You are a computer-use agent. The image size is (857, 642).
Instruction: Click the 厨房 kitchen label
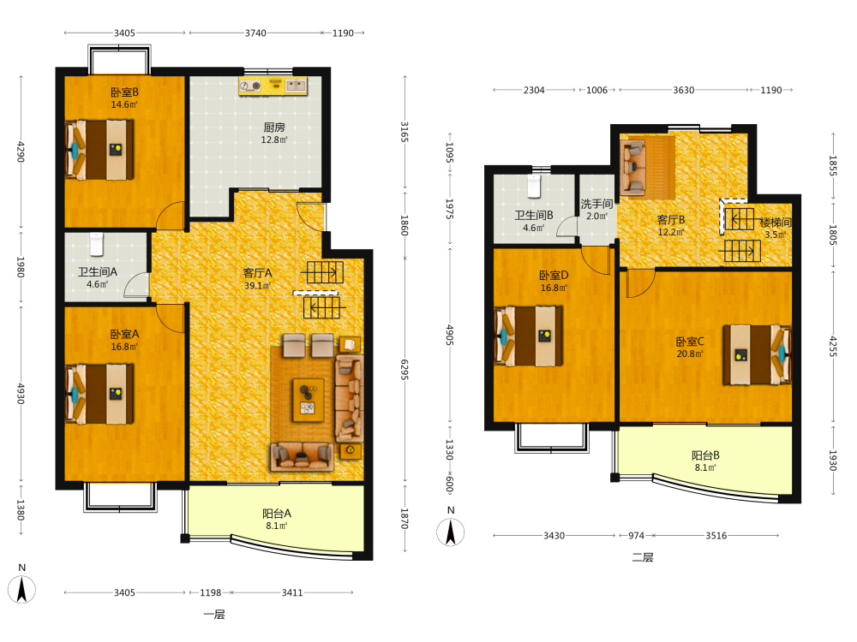[274, 128]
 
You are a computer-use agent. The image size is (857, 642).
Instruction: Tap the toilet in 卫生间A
[97, 244]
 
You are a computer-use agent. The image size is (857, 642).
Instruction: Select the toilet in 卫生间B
[534, 186]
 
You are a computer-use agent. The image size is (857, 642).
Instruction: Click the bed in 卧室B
[100, 150]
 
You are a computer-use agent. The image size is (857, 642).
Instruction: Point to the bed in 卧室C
[757, 355]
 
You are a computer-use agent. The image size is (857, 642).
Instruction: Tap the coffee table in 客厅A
[309, 401]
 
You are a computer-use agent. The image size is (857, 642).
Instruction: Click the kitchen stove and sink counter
[273, 86]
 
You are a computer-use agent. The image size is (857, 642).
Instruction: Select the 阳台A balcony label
[277, 513]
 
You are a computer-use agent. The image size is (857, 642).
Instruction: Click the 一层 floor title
[214, 615]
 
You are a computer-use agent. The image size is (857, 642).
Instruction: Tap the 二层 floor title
[643, 557]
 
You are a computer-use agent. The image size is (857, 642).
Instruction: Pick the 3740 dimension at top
[255, 33]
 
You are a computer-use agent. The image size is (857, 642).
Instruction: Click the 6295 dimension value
[405, 370]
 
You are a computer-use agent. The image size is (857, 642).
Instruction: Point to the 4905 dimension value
[450, 335]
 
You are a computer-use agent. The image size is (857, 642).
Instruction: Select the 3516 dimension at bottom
[716, 536]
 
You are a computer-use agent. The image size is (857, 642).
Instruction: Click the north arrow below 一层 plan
[22, 590]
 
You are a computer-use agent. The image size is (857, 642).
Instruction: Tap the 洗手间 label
[596, 204]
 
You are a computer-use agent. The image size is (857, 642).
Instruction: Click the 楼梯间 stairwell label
[776, 223]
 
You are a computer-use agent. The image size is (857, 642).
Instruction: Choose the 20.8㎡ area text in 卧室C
[690, 354]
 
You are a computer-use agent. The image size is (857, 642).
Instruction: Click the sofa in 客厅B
[633, 168]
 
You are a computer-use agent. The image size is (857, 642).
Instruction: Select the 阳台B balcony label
[705, 455]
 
